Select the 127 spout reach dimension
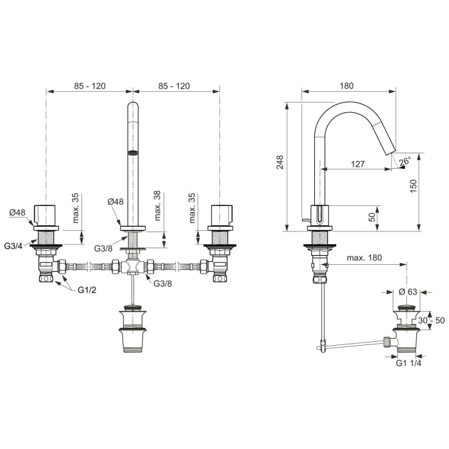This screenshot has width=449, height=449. (358, 164)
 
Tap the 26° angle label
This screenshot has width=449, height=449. (404, 162)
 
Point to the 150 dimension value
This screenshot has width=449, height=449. (414, 185)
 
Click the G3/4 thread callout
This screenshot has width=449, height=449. (14, 246)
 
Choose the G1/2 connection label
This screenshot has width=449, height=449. (87, 290)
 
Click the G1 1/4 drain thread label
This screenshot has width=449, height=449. (409, 362)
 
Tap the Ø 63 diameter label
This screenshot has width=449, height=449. (407, 292)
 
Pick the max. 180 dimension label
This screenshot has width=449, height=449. (364, 258)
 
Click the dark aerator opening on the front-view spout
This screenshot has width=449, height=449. (133, 153)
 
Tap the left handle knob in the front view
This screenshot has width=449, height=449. (46, 214)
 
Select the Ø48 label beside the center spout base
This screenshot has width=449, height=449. (115, 201)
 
